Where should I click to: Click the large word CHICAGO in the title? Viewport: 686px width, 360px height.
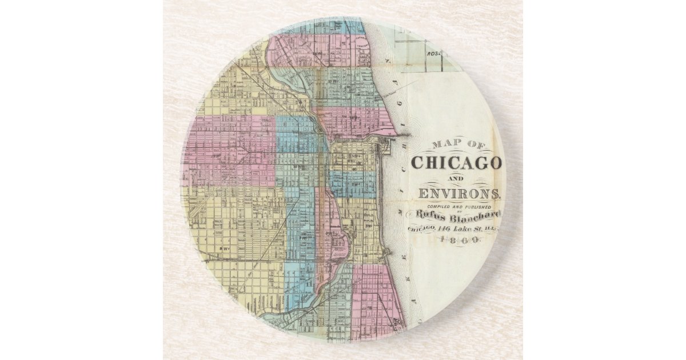[x=456, y=163]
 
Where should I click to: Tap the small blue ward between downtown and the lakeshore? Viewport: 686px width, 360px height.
[x=350, y=184]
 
